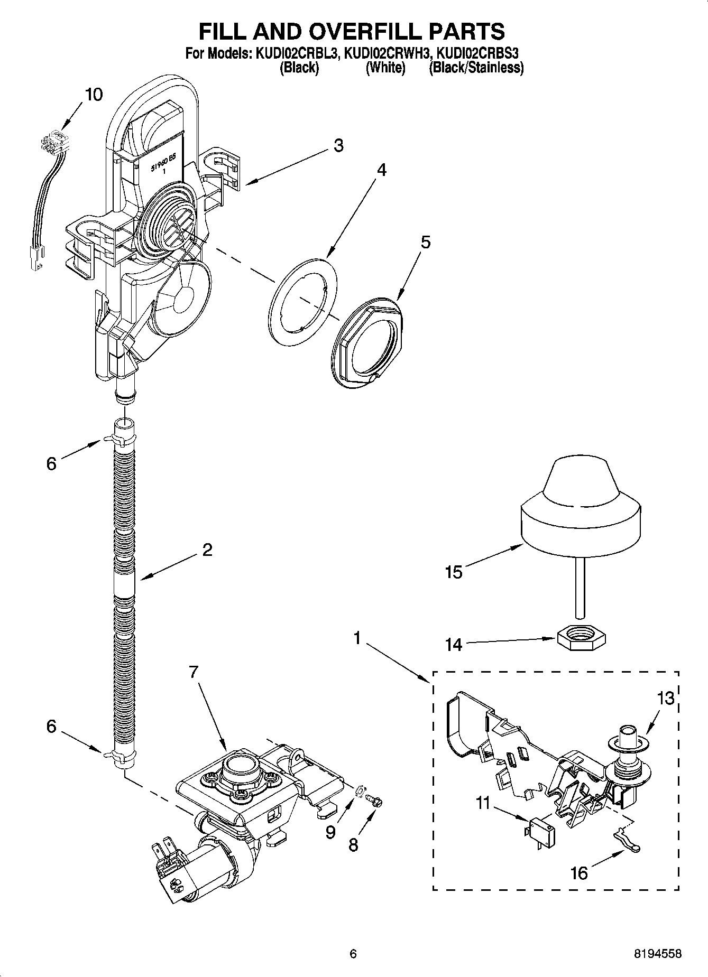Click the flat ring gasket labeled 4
pos(302,302)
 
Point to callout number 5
pos(425,242)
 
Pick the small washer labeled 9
pos(360,790)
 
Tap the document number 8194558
pos(657,954)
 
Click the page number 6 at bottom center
pos(353,954)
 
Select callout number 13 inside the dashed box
pos(666,698)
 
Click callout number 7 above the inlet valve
pos(194,672)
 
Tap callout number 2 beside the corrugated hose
pos(207,550)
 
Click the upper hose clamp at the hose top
pos(120,438)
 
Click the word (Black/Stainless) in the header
pos(476,68)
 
